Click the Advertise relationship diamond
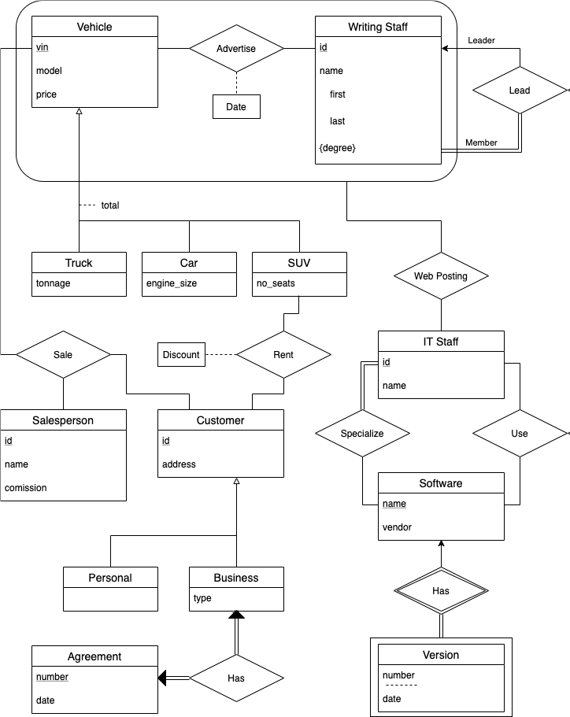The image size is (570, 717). coord(236,49)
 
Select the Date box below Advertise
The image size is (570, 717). coord(236,107)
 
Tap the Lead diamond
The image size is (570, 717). coord(520,91)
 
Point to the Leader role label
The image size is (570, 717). coord(481,40)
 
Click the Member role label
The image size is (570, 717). coord(481,142)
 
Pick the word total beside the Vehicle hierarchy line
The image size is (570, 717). coord(110,205)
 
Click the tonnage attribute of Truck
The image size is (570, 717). coord(54,283)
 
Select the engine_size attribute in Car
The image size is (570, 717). coord(172,283)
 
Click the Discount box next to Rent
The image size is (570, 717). coord(181,355)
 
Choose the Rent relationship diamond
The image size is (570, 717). coord(283,355)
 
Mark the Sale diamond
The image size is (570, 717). coord(63,355)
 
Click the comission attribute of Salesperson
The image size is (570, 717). coord(26,488)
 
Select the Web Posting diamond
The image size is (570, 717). coord(441,276)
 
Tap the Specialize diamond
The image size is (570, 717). coord(362,434)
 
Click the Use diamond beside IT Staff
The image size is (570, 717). coord(520,434)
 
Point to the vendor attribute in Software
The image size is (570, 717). coord(397,527)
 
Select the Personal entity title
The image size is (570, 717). coord(110,578)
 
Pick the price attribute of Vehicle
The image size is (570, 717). coord(47,94)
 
